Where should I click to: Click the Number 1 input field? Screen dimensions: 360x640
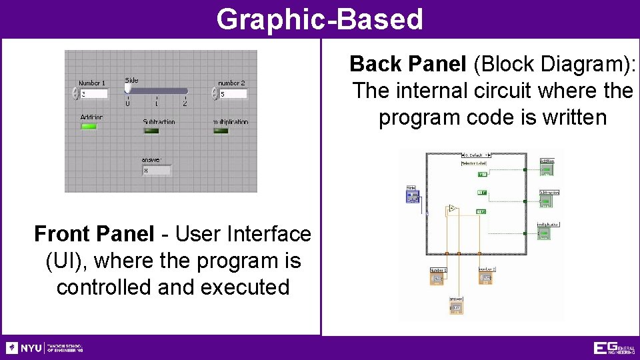point(93,94)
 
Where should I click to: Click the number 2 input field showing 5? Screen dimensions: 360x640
point(233,94)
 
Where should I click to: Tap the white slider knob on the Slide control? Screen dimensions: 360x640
point(128,88)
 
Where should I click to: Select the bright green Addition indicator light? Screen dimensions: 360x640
point(89,126)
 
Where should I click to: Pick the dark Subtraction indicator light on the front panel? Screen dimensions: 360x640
point(151,131)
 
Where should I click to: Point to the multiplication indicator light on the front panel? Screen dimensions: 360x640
point(221,131)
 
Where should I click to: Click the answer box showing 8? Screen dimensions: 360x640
point(156,171)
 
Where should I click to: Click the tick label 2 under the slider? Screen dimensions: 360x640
point(185,104)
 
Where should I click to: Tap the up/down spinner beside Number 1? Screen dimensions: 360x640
point(75,94)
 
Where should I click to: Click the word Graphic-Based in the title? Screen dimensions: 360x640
point(319,19)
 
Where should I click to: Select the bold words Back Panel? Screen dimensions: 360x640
point(407,64)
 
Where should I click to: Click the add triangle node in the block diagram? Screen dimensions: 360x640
point(452,209)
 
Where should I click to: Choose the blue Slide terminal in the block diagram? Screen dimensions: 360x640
point(412,195)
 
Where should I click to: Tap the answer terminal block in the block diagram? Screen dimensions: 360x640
point(456,306)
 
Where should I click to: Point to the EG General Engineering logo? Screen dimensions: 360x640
point(613,348)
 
